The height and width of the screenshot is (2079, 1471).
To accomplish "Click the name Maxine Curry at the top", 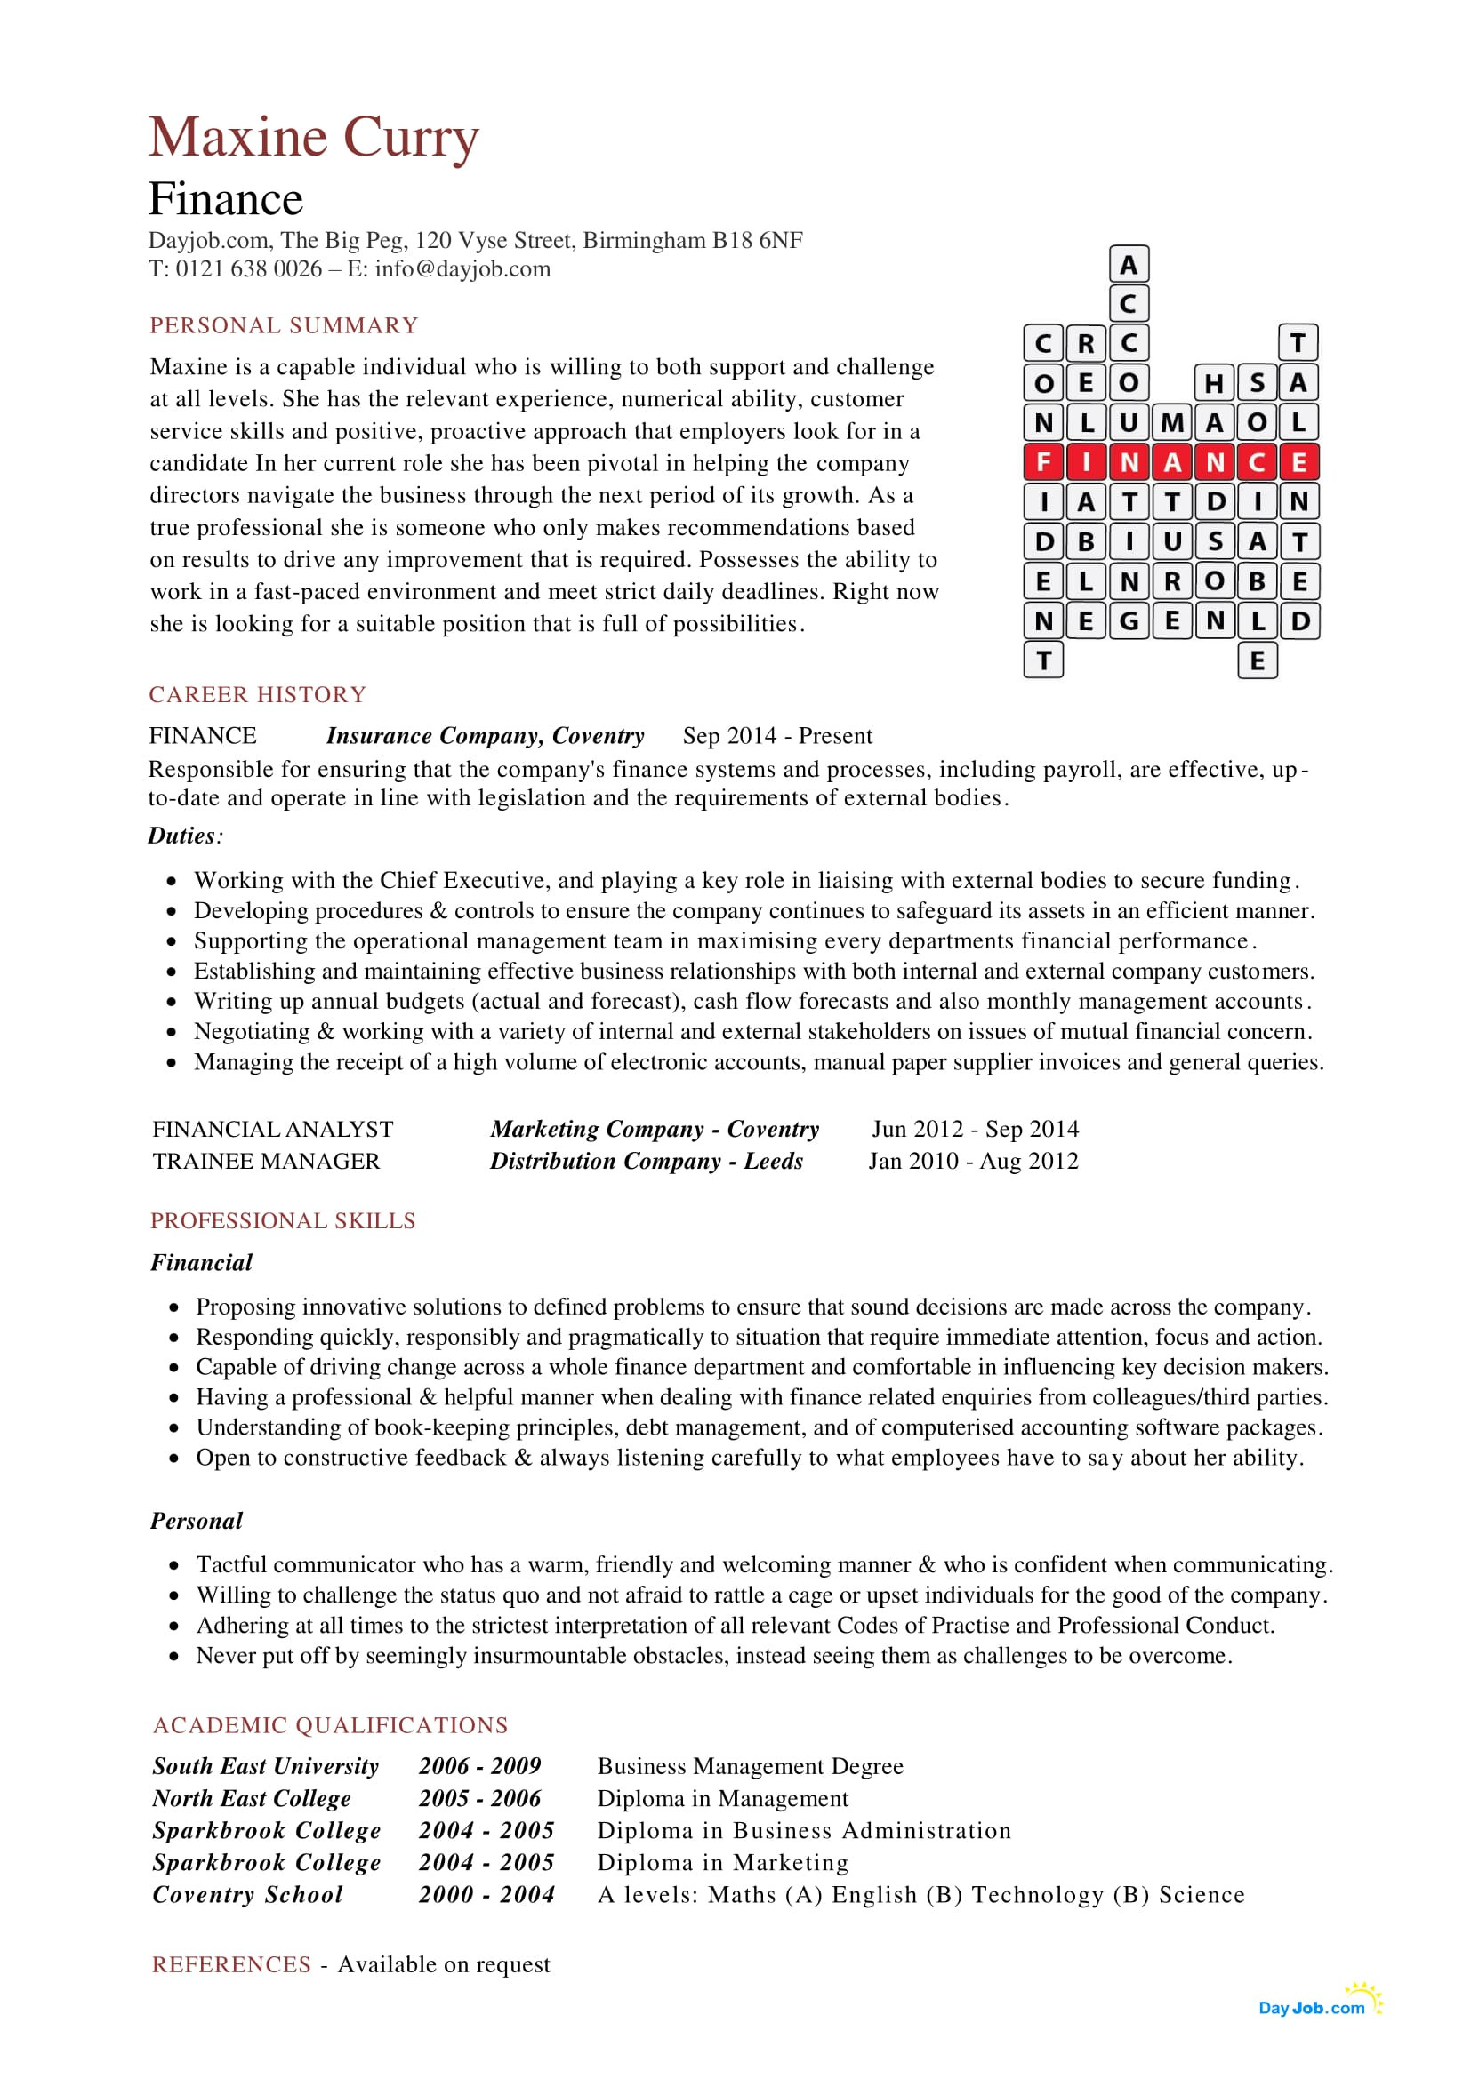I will [313, 138].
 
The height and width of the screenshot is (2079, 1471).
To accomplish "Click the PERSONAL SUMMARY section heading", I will [284, 325].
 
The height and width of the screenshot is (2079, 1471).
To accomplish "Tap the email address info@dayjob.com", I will [462, 269].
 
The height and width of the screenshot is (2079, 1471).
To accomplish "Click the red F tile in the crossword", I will [1042, 462].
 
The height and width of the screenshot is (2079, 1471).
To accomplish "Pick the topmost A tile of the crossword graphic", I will [1129, 264].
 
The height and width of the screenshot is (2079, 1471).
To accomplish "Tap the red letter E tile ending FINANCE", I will [1298, 462].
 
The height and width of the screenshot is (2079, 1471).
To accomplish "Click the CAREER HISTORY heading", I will [257, 694].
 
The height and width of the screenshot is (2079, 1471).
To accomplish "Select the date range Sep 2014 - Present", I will [777, 735].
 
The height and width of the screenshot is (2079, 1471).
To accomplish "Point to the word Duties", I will [182, 836].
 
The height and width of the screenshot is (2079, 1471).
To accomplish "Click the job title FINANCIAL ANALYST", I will [273, 1129].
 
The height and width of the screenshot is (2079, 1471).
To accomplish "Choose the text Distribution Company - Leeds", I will [646, 1161].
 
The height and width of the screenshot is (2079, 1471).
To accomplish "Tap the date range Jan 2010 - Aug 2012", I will [973, 1161].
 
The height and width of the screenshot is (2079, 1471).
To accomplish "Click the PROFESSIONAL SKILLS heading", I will [283, 1220].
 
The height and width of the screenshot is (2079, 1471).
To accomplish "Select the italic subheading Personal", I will [197, 1520].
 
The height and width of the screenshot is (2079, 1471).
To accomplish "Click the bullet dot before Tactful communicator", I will [174, 1565].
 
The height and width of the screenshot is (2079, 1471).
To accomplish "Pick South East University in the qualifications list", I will [265, 1766].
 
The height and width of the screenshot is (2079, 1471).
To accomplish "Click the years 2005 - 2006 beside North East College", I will [479, 1798].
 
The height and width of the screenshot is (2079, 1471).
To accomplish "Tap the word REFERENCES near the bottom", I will [231, 1964].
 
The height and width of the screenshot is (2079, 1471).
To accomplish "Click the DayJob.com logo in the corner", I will [1315, 2007].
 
